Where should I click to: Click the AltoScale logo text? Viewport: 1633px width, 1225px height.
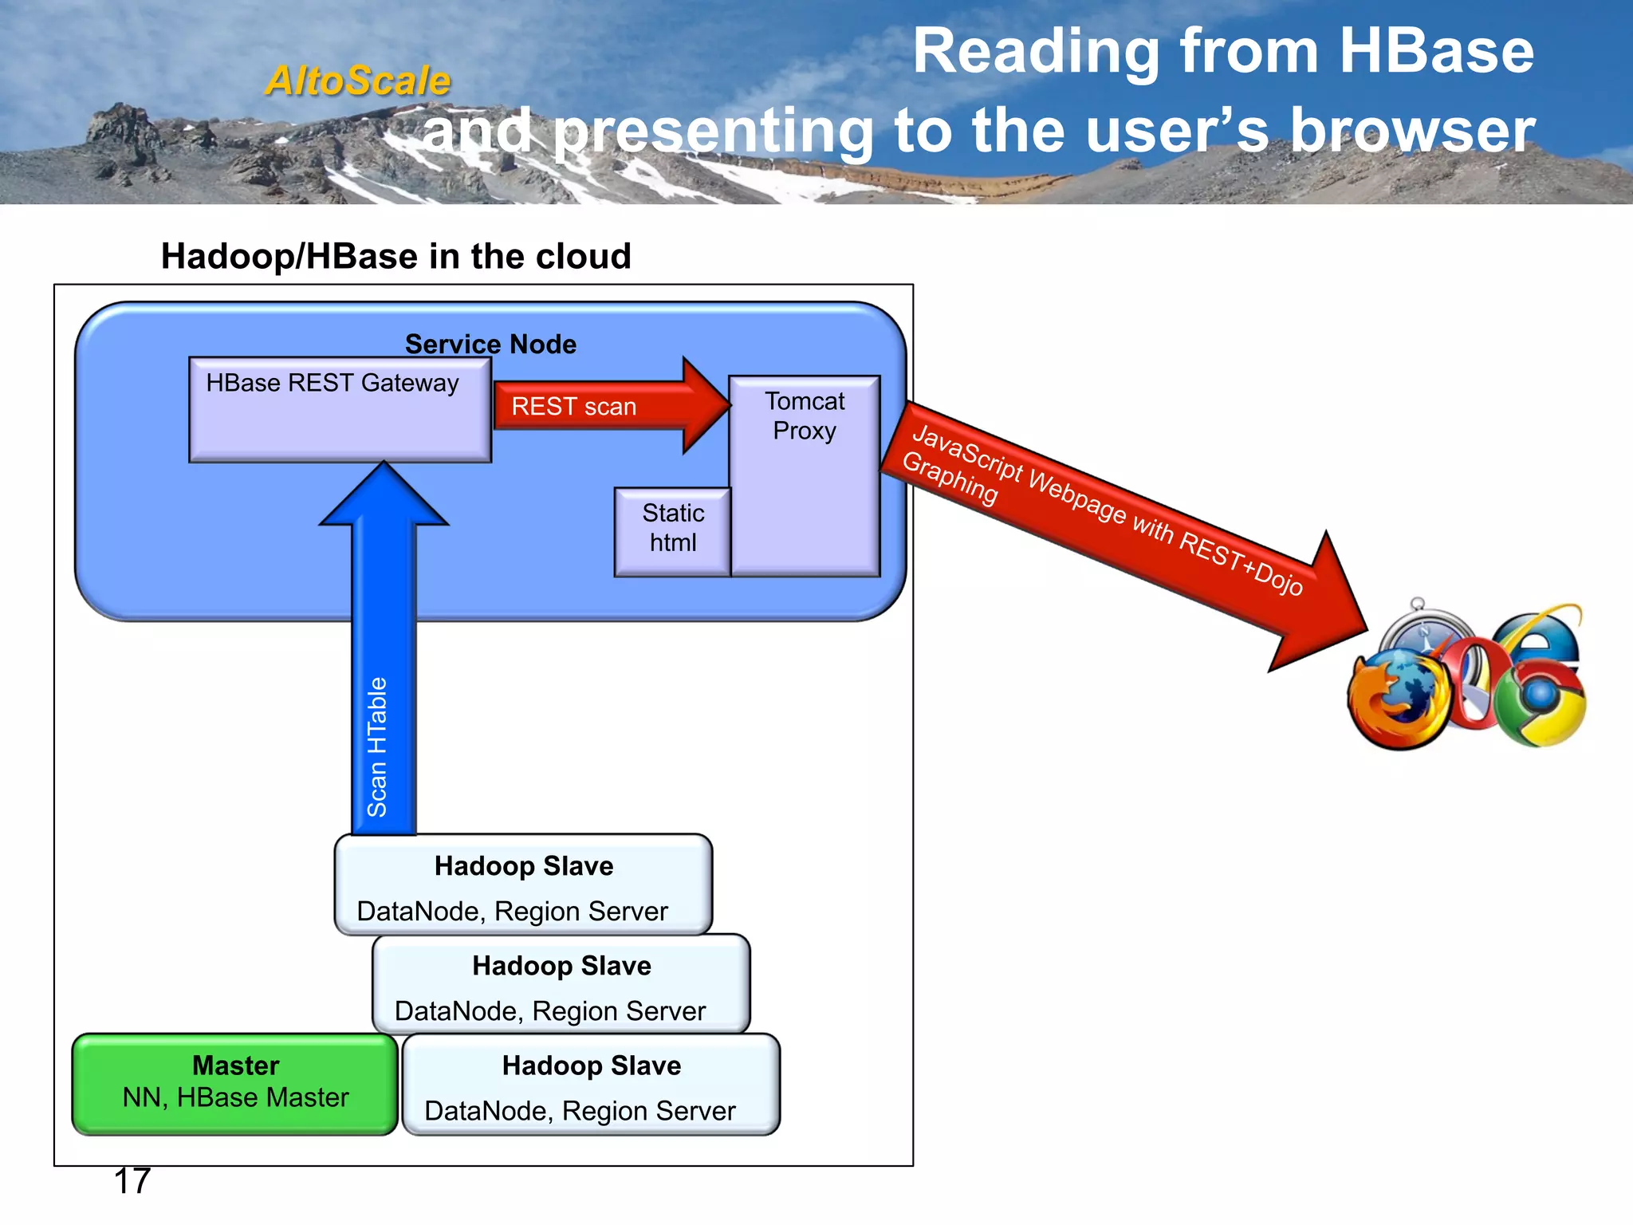(x=358, y=81)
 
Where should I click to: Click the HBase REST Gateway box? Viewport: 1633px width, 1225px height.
(x=339, y=410)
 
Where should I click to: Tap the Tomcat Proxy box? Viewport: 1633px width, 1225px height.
(x=805, y=475)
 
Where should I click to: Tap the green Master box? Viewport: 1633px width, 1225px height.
(x=235, y=1083)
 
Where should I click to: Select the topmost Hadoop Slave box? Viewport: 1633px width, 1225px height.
(x=523, y=885)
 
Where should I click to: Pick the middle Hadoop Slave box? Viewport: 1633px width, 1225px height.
(x=561, y=985)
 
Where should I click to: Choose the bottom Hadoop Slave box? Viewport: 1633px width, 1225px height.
(x=592, y=1085)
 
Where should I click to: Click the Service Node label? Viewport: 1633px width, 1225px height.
(x=490, y=344)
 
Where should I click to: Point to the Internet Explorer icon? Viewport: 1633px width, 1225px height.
(x=1543, y=638)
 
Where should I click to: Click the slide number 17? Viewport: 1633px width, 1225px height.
(x=132, y=1181)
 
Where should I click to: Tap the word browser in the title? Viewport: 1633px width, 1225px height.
(x=1412, y=131)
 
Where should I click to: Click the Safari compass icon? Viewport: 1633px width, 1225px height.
(x=1423, y=630)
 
